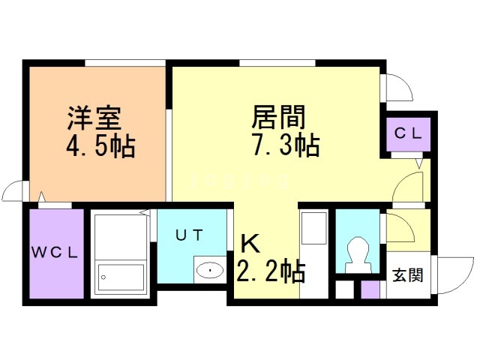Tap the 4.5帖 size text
pyautogui.click(x=98, y=145)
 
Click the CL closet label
pyautogui.click(x=409, y=134)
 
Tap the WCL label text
pyautogui.click(x=55, y=252)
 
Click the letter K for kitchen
pyautogui.click(x=250, y=244)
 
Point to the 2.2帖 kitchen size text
pyautogui.click(x=271, y=271)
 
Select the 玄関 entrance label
pyautogui.click(x=408, y=275)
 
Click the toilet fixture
pyautogui.click(x=358, y=253)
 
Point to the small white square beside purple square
pyautogui.click(x=344, y=289)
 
